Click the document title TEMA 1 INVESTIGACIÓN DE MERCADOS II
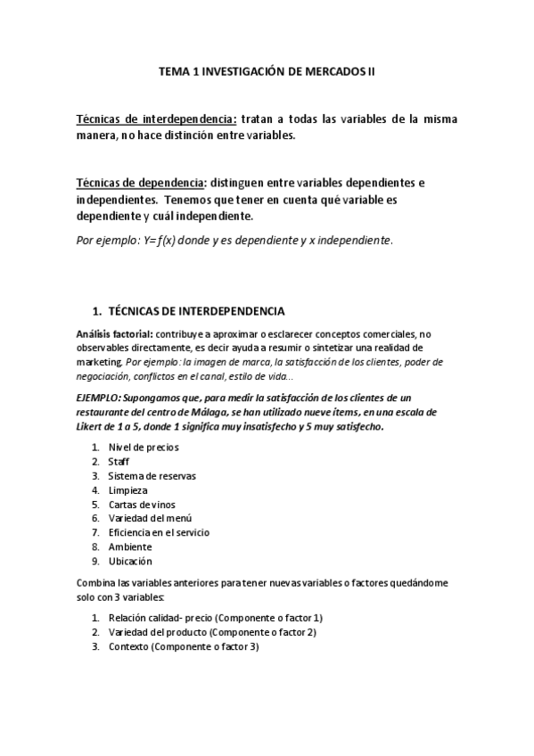pos(267,78)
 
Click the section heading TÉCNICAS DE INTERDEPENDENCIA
pos(196,311)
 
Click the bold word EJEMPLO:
pos(103,398)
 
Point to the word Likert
pos(96,428)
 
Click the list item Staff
pos(119,461)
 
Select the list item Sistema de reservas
pos(152,475)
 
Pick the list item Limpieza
pos(127,489)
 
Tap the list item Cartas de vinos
pos(142,504)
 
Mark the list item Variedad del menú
pos(149,518)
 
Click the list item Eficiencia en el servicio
pos(159,532)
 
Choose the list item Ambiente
pos(130,546)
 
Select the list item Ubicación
pos(130,561)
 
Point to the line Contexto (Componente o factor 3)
pos(183,646)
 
